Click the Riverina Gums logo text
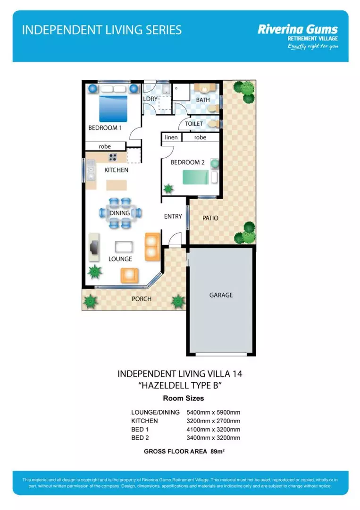pyautogui.click(x=297, y=29)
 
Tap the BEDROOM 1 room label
pyautogui.click(x=105, y=128)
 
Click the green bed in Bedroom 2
pyautogui.click(x=195, y=178)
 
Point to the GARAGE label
pyautogui.click(x=221, y=295)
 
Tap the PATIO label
pyautogui.click(x=210, y=218)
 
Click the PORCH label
pyautogui.click(x=142, y=299)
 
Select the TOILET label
pyautogui.click(x=194, y=124)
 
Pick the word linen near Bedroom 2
pyautogui.click(x=171, y=137)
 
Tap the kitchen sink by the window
pyautogui.click(x=91, y=171)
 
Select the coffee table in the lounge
pyautogui.click(x=123, y=246)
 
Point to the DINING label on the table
pyautogui.click(x=119, y=213)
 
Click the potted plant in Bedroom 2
pyautogui.click(x=168, y=189)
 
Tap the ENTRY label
pyautogui.click(x=173, y=216)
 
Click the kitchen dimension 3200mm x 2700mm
pyautogui.click(x=213, y=421)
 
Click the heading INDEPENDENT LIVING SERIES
pyautogui.click(x=102, y=30)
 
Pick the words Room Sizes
pyautogui.click(x=180, y=398)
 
